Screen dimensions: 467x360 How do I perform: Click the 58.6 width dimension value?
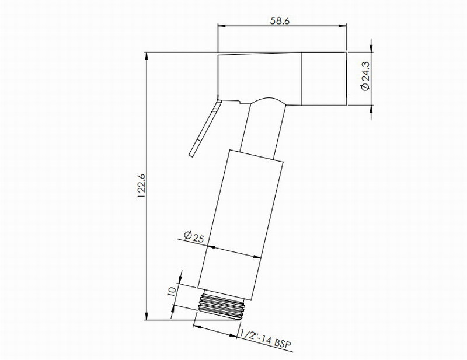280,20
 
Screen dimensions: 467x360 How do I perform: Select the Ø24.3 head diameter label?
365,76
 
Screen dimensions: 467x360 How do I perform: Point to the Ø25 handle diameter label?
194,237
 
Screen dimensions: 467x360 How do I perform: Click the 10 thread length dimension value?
171,291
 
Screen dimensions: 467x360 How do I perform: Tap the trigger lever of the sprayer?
205,127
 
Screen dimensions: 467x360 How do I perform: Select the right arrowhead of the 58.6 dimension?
342,26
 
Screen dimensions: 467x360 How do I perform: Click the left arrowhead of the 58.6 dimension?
222,26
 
